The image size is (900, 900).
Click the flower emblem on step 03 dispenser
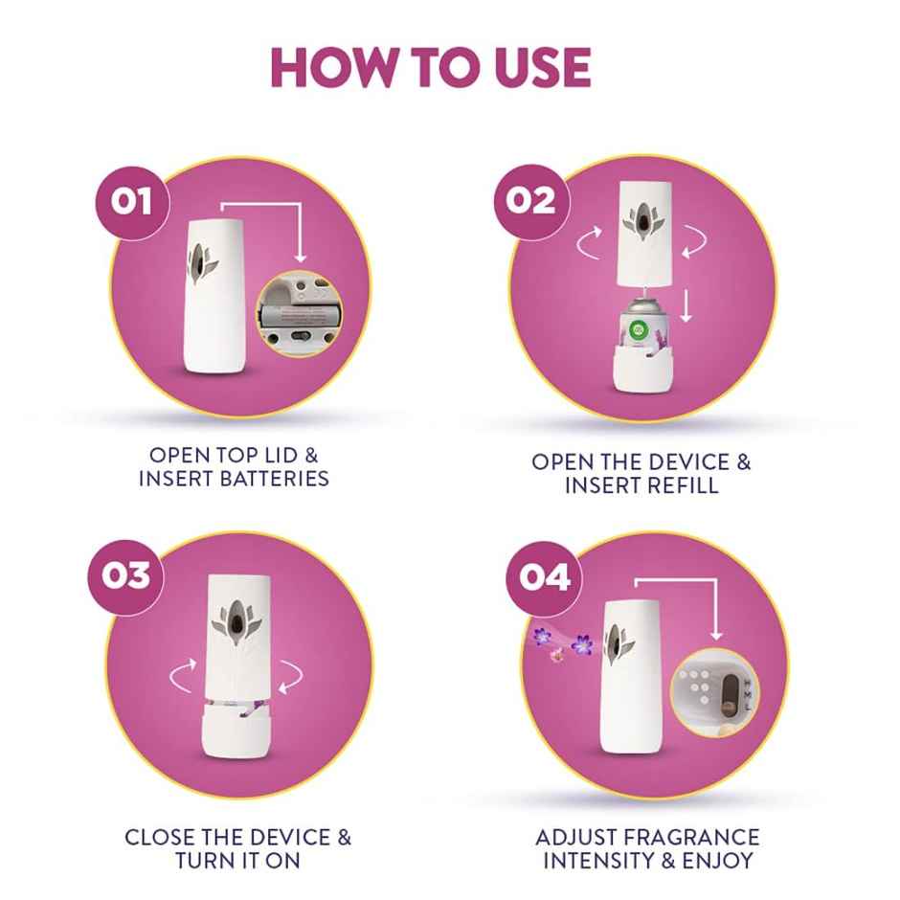[x=233, y=619]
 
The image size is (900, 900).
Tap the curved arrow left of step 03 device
[x=180, y=678]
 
